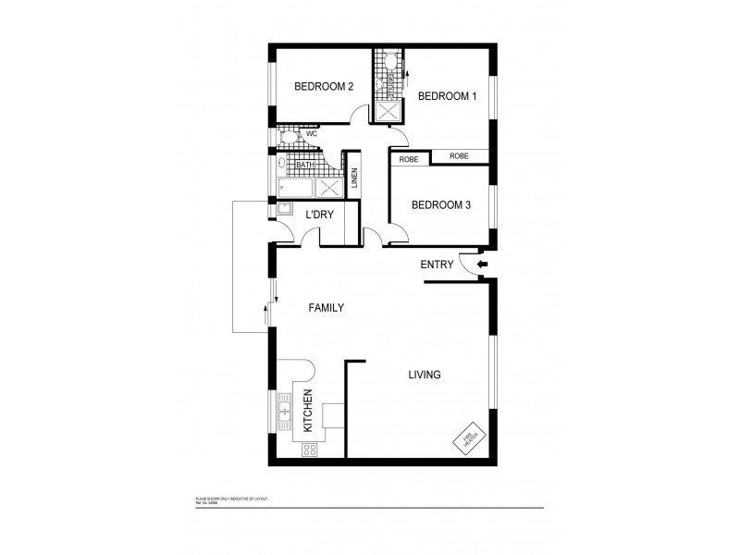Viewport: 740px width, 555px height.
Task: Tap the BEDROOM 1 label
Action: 447,96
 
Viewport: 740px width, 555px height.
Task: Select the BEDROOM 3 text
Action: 441,205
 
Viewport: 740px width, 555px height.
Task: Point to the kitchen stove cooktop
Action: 310,450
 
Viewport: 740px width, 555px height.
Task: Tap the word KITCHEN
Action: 308,412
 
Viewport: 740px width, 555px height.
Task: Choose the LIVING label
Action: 425,375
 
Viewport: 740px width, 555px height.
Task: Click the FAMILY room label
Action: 326,308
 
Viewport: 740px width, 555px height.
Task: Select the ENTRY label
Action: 437,265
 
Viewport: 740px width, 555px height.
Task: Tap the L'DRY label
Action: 319,215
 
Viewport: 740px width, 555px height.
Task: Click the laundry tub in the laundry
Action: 283,209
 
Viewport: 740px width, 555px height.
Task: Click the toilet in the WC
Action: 287,137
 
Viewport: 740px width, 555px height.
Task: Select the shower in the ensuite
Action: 386,112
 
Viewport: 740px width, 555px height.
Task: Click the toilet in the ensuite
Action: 389,64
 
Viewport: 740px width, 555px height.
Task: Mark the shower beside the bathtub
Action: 328,188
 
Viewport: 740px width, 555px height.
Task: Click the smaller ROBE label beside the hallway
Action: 409,159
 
